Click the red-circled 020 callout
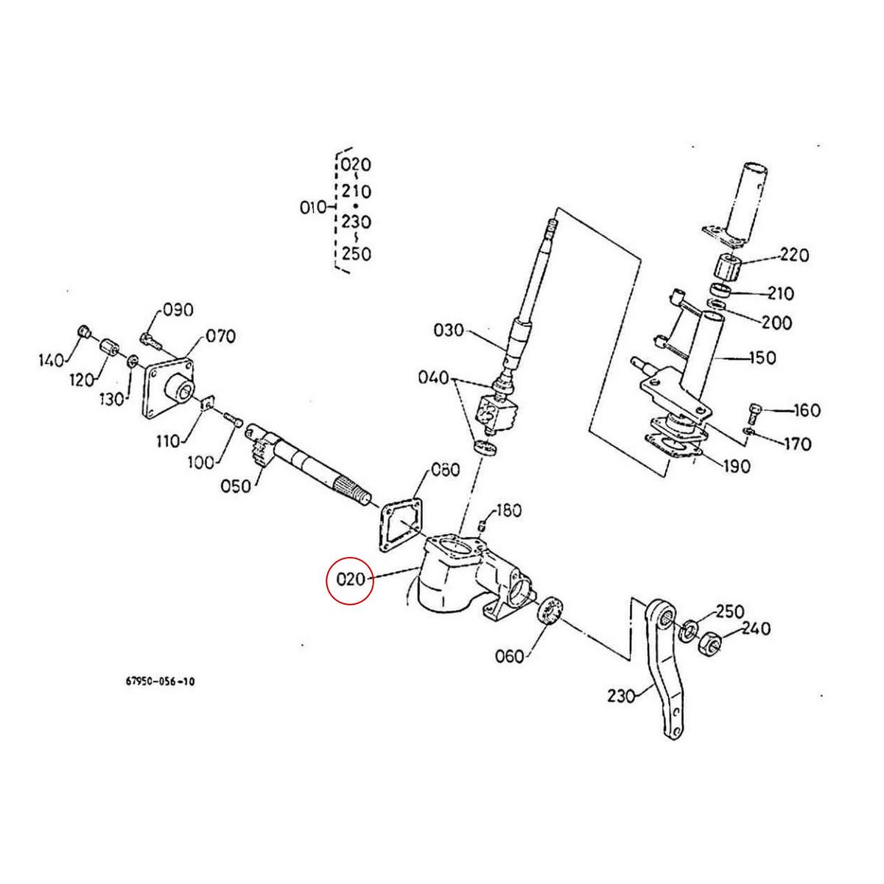coord(351,579)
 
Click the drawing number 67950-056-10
coord(160,681)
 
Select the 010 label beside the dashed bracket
coord(312,208)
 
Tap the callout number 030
coord(449,330)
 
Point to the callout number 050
coord(236,486)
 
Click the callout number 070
coord(220,337)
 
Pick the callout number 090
coord(178,309)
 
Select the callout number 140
coord(52,360)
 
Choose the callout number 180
coord(508,511)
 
